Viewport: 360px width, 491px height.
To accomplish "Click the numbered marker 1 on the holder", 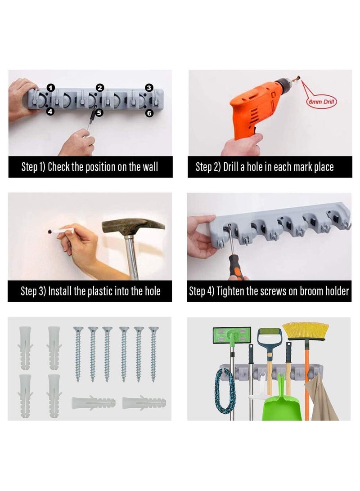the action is (51, 88).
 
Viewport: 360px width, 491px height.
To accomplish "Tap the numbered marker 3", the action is (149, 88).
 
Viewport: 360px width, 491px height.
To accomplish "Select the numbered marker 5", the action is (99, 113).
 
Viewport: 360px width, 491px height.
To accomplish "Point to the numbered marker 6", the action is (149, 113).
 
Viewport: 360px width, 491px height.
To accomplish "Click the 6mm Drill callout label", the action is (321, 102).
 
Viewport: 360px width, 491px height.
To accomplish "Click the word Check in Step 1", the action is (59, 166).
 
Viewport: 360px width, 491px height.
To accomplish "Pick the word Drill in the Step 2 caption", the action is (231, 166).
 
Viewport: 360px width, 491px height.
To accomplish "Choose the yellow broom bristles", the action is (306, 330).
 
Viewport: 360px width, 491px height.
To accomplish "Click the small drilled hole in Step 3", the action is (49, 232).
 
